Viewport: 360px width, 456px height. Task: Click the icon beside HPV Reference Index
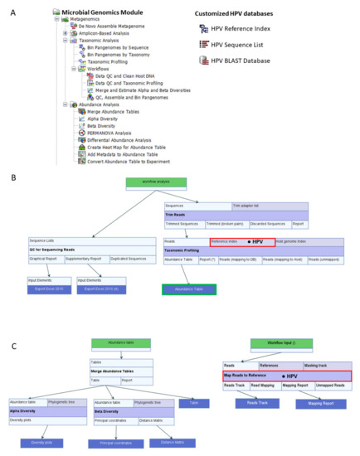204,30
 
